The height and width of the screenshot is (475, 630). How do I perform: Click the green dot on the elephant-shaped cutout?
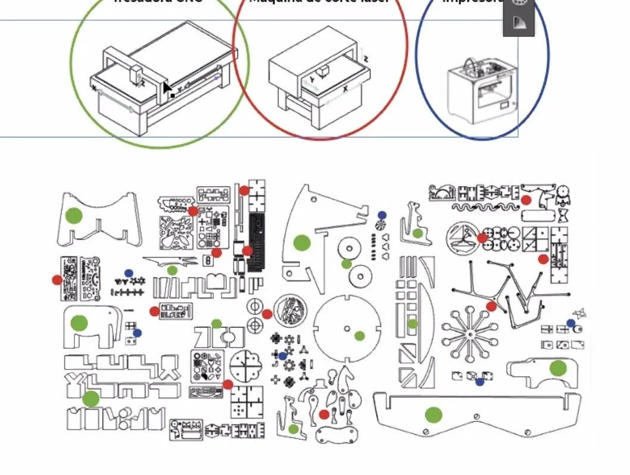click(x=79, y=323)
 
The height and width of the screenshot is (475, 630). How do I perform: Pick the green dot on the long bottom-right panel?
click(x=433, y=414)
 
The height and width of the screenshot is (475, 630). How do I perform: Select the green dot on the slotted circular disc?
click(x=359, y=336)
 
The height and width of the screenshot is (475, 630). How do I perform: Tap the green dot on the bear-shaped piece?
click(x=557, y=368)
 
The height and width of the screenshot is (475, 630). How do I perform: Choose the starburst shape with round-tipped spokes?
click(x=470, y=336)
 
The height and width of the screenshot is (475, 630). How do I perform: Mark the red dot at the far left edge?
click(x=57, y=279)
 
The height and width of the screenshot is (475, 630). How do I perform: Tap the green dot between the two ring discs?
click(x=347, y=263)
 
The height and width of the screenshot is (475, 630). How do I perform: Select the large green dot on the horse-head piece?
click(x=302, y=242)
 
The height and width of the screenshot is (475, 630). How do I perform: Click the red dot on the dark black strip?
click(x=248, y=251)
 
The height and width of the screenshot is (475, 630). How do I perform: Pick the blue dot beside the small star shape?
click(x=571, y=323)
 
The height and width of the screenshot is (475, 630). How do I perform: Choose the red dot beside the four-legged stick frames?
click(x=491, y=306)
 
